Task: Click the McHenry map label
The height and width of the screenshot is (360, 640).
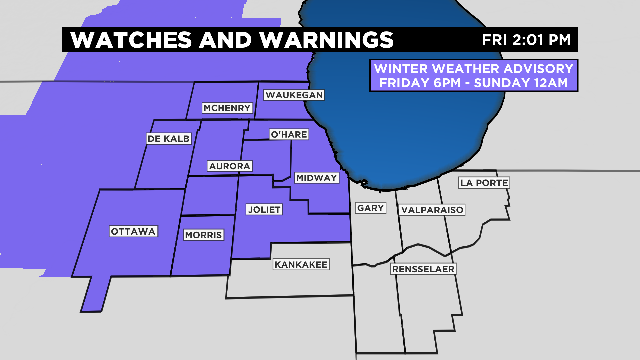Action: tap(226, 108)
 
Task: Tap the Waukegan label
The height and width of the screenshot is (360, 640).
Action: tap(294, 94)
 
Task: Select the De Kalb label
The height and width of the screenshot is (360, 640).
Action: tap(168, 138)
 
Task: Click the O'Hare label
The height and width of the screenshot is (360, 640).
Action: tap(289, 134)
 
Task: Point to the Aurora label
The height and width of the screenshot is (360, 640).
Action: tap(229, 165)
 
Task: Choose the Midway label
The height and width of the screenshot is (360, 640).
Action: tap(317, 177)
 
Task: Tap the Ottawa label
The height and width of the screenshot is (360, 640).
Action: tap(134, 231)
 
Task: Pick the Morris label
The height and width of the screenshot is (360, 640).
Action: tap(204, 235)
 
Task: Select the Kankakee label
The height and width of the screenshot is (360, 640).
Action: tap(300, 264)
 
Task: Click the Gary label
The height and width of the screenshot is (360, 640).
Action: tap(369, 208)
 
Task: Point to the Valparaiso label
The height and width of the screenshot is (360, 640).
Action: tap(432, 211)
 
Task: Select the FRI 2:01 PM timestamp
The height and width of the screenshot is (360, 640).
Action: tap(528, 40)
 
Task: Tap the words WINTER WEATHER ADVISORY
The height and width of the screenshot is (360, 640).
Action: tap(473, 68)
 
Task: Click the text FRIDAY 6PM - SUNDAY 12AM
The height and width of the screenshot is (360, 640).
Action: tap(473, 82)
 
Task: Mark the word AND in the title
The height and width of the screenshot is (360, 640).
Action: tap(227, 40)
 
